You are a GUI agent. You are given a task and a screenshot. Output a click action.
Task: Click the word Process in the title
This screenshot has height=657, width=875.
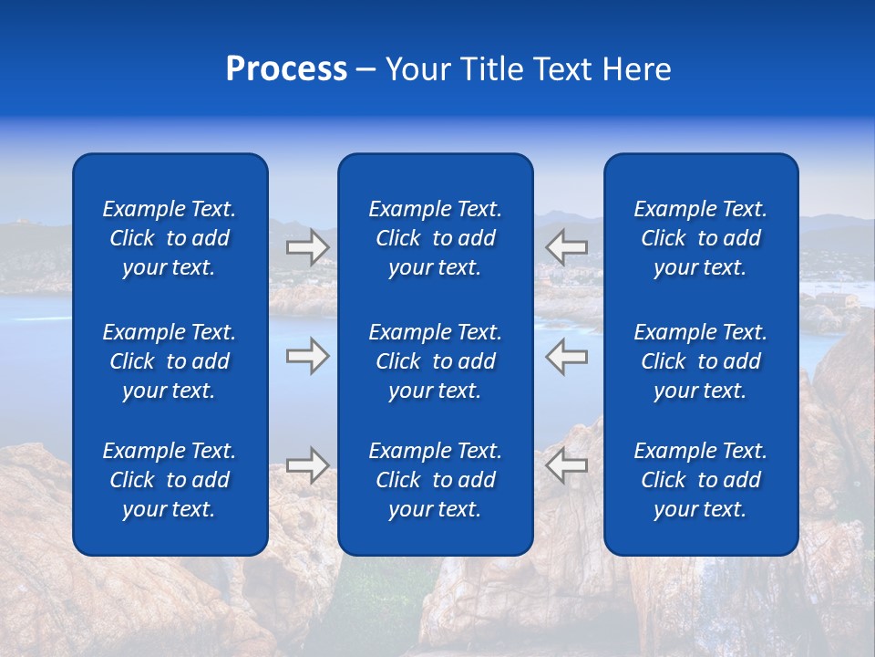pos(286,69)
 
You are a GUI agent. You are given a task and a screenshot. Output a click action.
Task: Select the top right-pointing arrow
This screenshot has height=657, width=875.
pos(308,247)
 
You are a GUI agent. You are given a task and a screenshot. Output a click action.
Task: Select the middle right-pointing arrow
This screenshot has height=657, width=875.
pos(308,356)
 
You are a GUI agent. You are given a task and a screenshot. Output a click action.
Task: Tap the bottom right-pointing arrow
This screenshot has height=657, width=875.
pos(308,465)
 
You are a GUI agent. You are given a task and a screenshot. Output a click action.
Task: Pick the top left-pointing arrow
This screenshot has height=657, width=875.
pos(566,247)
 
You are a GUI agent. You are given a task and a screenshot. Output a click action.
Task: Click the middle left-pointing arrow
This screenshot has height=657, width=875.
pos(566,356)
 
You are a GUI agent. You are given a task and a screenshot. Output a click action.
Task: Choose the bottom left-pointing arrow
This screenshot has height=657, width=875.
pos(566,465)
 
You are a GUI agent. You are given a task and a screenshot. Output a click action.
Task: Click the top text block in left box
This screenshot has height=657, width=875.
pos(170,238)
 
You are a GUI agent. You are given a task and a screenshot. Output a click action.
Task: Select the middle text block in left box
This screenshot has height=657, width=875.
pos(170,361)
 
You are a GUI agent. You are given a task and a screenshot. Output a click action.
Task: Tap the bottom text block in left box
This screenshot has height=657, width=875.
pos(170,480)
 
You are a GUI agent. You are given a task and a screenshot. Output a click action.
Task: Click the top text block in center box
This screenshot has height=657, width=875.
pos(436,238)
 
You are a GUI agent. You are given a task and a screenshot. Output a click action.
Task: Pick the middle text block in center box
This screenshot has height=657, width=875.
pos(436,361)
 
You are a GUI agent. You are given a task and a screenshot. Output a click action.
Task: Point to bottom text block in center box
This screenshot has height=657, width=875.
pos(436,480)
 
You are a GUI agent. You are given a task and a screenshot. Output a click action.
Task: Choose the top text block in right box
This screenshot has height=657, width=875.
pos(701,238)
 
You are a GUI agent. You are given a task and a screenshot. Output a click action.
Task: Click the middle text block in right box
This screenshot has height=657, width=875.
pos(701,361)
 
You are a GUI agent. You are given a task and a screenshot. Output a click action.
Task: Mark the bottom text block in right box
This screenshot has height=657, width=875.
pos(701,480)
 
